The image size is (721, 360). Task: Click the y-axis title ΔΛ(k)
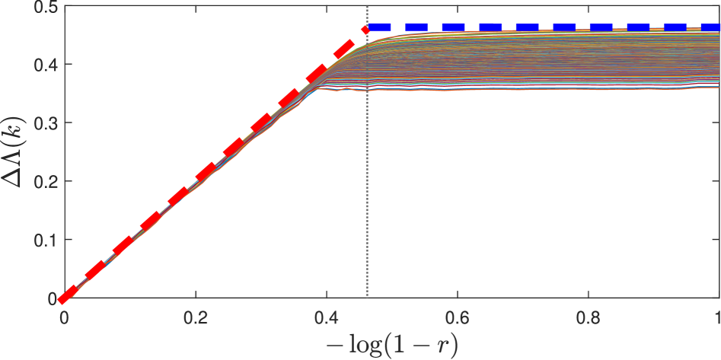click(x=14, y=152)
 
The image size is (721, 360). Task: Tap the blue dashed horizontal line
click(x=533, y=27)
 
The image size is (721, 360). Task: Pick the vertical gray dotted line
click(x=367, y=190)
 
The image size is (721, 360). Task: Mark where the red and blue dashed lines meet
click(x=367, y=28)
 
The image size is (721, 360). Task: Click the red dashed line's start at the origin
click(x=65, y=297)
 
